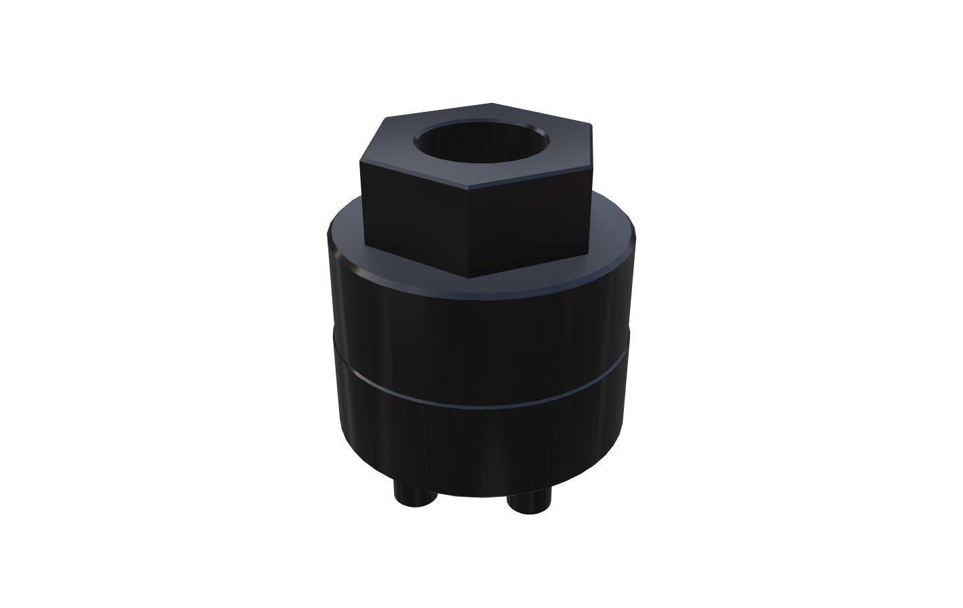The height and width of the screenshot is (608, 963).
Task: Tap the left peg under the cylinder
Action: [x=414, y=495]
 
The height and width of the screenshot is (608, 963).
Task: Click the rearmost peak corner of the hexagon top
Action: [x=491, y=104]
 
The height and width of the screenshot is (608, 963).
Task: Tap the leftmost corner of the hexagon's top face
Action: [x=360, y=161]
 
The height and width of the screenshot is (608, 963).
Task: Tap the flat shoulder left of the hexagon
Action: [x=346, y=234]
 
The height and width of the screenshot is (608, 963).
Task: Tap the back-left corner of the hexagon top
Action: [x=385, y=118]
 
